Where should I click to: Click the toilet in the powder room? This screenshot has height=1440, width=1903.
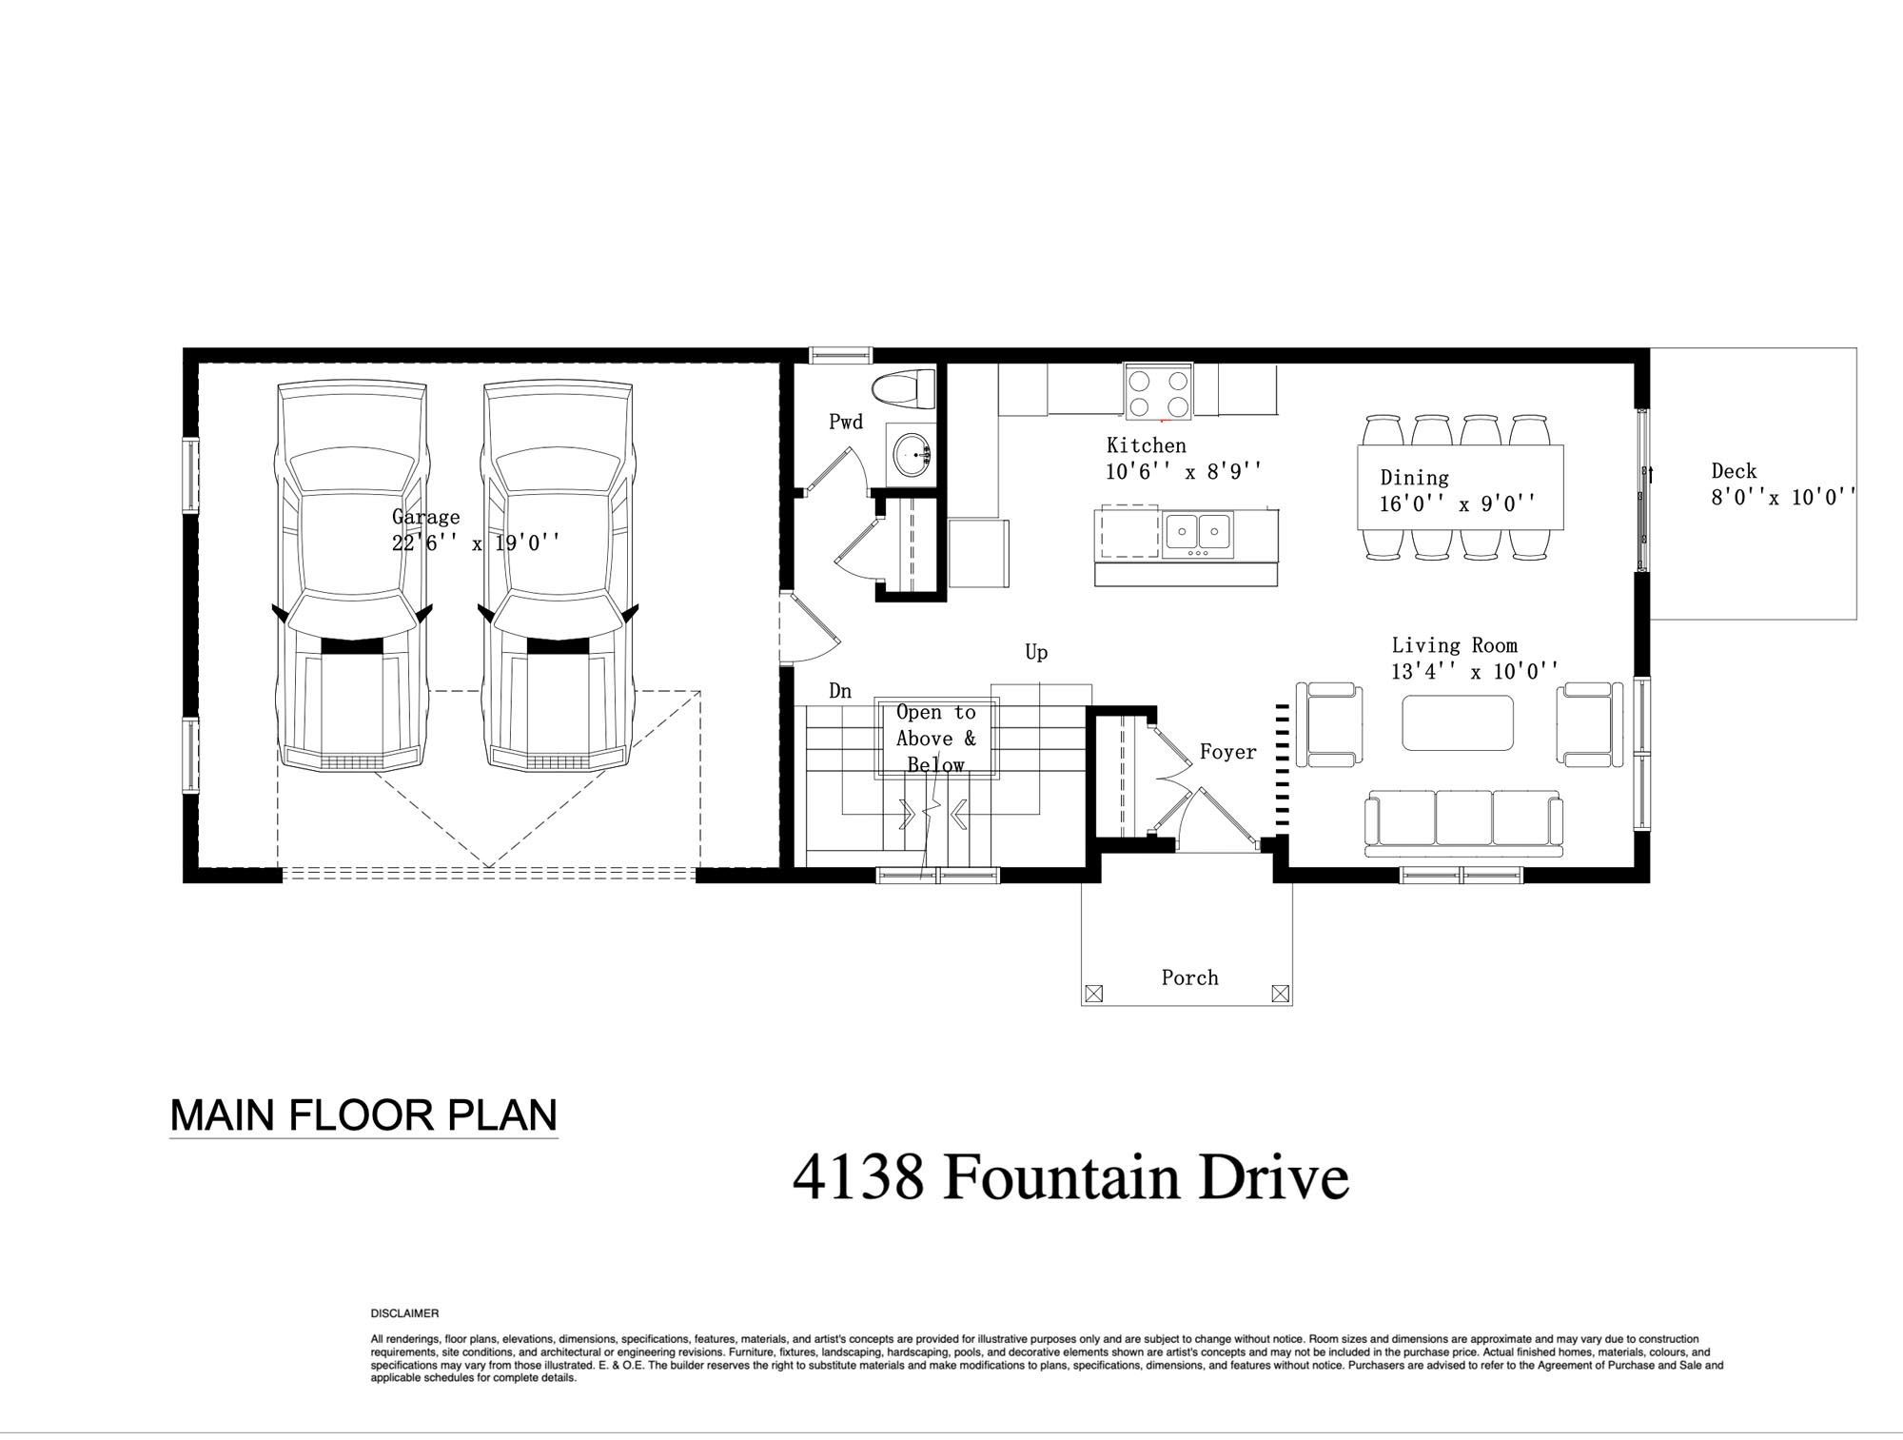[x=905, y=388]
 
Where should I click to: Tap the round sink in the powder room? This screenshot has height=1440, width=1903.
[x=912, y=452]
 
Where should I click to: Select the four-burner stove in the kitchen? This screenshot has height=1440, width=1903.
[x=1158, y=392]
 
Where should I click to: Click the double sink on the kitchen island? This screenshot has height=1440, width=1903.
[x=1198, y=534]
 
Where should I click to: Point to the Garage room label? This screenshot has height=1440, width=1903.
[x=425, y=517]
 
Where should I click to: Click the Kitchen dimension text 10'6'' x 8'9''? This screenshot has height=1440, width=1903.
[x=1185, y=470]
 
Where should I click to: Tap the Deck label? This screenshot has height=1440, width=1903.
[x=1734, y=470]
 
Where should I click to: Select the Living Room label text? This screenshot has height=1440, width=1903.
[x=1454, y=645]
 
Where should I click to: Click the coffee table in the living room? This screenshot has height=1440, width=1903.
[x=1458, y=722]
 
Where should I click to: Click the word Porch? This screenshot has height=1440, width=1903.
[x=1189, y=977]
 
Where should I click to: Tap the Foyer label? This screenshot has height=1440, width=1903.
[x=1227, y=752]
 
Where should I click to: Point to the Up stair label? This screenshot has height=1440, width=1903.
[x=1036, y=653]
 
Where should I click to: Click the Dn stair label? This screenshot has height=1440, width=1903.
[x=839, y=691]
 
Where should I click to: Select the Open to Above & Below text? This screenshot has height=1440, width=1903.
[x=935, y=739]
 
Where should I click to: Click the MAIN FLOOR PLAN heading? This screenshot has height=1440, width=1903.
[x=363, y=1115]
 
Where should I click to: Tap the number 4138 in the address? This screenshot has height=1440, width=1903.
[x=858, y=1177]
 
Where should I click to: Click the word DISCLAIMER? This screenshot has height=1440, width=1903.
[x=404, y=1313]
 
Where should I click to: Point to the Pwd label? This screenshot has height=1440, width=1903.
[x=846, y=422]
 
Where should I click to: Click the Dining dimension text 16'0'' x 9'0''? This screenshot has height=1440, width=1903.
[x=1458, y=503]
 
